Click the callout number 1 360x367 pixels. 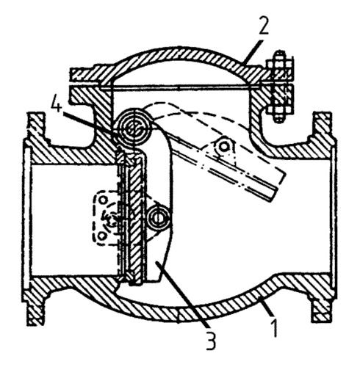click(x=275, y=327)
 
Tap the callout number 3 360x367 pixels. click(x=210, y=340)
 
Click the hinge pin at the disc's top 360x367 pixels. click(x=134, y=126)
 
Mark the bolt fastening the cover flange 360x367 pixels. click(x=279, y=87)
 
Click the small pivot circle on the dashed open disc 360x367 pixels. click(x=223, y=147)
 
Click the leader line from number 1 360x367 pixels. click(x=267, y=309)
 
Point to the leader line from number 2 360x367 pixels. click(x=253, y=51)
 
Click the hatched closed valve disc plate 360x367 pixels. click(x=134, y=218)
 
